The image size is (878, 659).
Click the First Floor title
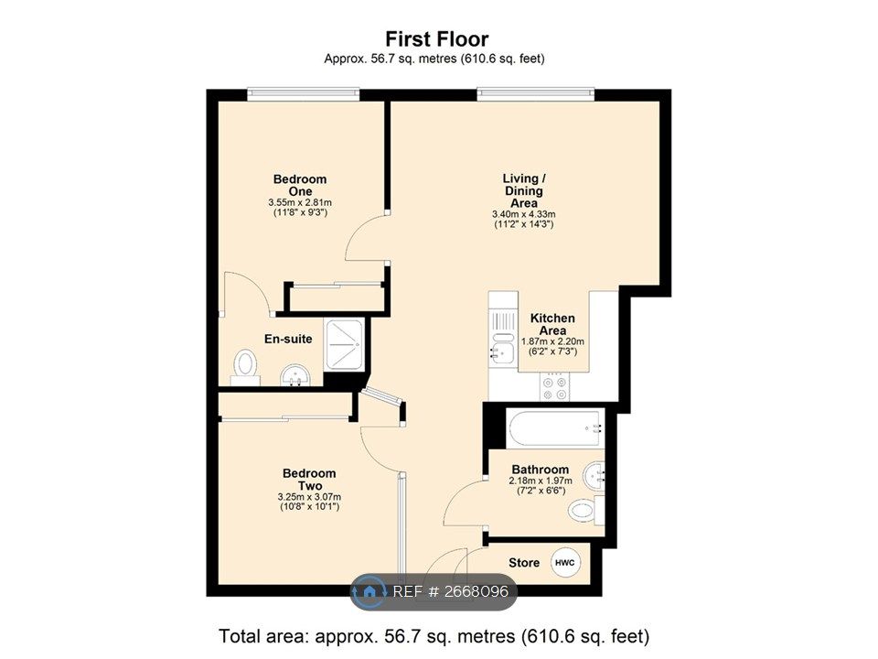tap(436, 39)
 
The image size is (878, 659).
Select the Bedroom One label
tap(299, 184)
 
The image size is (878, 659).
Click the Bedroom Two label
tap(308, 479)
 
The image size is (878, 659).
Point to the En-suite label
tap(288, 340)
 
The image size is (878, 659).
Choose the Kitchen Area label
tap(552, 324)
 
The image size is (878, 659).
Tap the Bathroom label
tap(540, 470)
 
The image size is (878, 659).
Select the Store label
tap(524, 563)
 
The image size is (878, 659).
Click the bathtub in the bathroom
tap(554, 427)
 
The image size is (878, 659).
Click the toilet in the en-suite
tap(245, 364)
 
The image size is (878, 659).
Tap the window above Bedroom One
tap(303, 92)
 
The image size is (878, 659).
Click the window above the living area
tap(535, 92)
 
